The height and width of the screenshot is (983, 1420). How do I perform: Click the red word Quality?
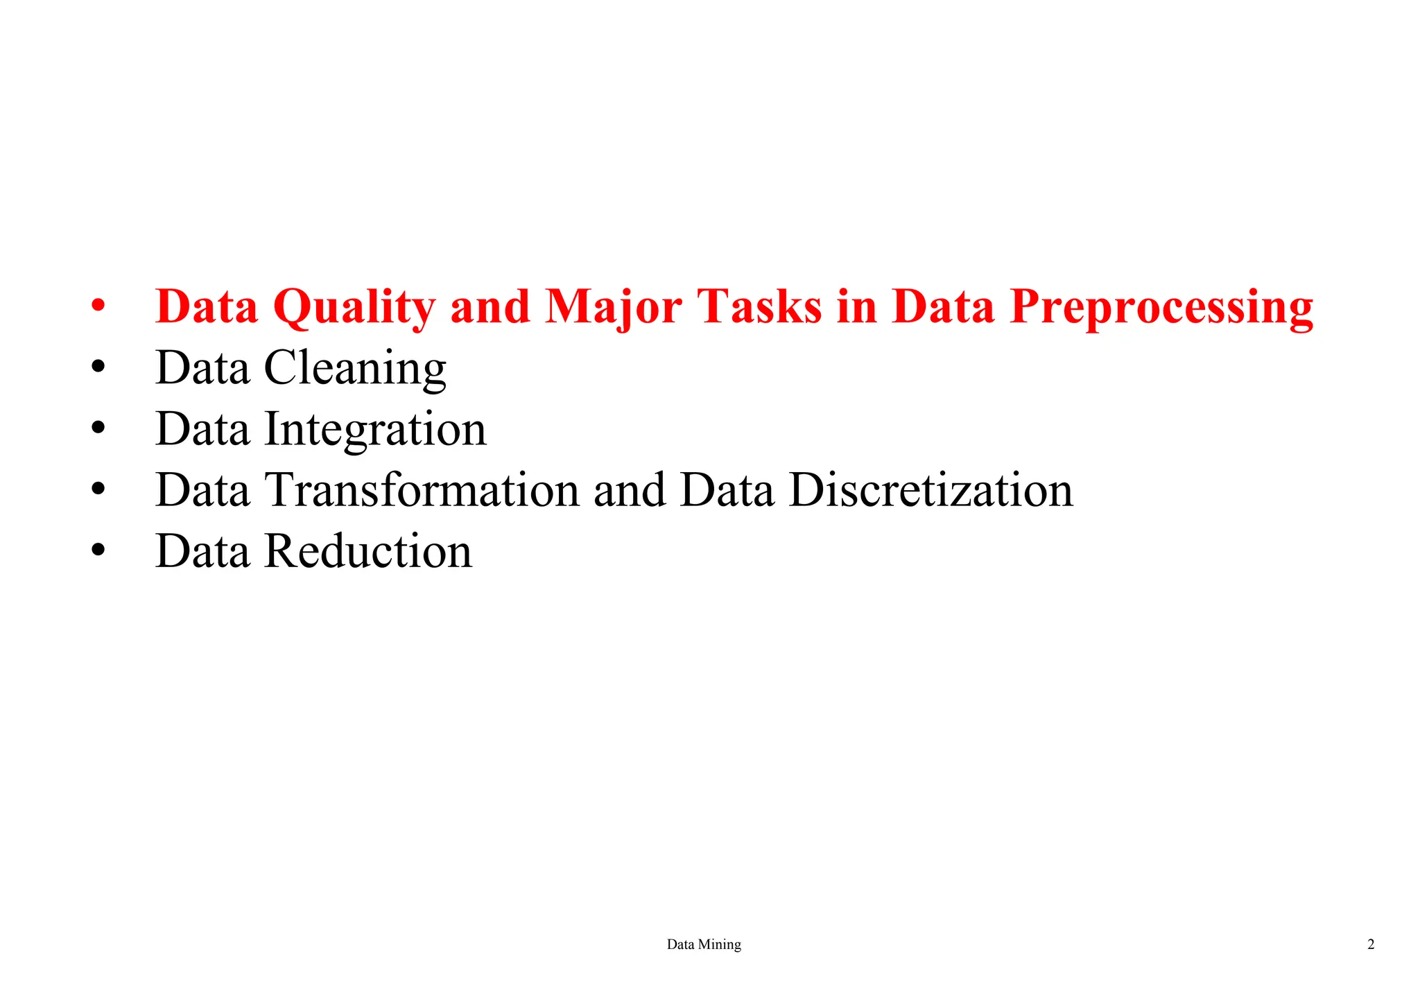pyautogui.click(x=354, y=307)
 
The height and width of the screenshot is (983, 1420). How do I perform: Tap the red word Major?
pyautogui.click(x=613, y=307)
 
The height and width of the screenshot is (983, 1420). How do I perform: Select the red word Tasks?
pyautogui.click(x=759, y=306)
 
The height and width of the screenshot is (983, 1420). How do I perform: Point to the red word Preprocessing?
pyautogui.click(x=1161, y=307)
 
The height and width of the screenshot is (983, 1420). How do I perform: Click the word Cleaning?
pyautogui.click(x=355, y=368)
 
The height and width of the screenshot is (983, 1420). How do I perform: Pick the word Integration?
pyautogui.click(x=376, y=429)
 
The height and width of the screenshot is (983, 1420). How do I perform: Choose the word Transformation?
pyautogui.click(x=422, y=490)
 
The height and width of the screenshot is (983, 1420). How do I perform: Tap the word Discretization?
pyautogui.click(x=931, y=490)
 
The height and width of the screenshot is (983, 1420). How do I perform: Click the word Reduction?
pyautogui.click(x=368, y=551)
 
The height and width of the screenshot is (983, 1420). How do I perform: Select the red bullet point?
pyautogui.click(x=98, y=305)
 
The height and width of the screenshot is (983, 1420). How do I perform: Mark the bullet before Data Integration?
pyautogui.click(x=98, y=427)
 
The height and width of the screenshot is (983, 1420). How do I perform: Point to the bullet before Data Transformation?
pyautogui.click(x=98, y=488)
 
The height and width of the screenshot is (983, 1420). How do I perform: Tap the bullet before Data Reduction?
pyautogui.click(x=98, y=549)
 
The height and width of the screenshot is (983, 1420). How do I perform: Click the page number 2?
pyautogui.click(x=1371, y=944)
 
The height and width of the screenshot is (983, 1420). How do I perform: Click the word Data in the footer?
pyautogui.click(x=680, y=944)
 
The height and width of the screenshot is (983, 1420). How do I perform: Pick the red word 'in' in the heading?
pyautogui.click(x=857, y=306)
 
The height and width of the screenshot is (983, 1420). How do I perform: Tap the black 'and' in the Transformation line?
pyautogui.click(x=629, y=490)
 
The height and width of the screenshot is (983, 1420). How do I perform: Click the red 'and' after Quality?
pyautogui.click(x=490, y=306)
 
